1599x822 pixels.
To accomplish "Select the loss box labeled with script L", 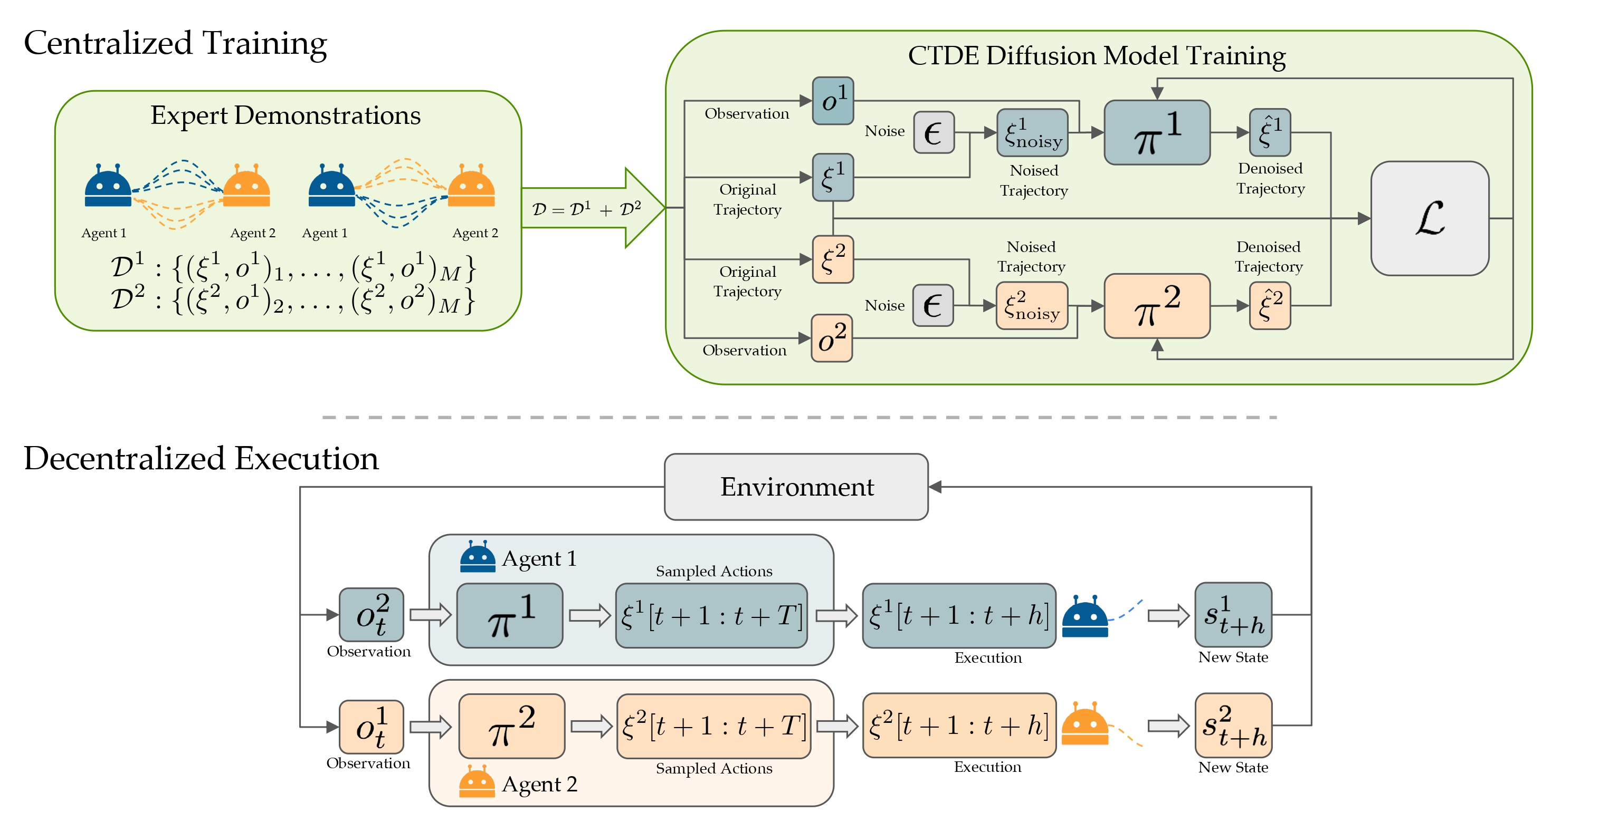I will [x=1429, y=218].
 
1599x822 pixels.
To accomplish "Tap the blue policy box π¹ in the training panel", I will [x=1156, y=133].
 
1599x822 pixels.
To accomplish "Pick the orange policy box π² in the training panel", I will [x=1156, y=306].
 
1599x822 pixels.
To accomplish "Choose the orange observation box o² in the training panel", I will [x=832, y=338].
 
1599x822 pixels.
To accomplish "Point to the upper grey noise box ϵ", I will [x=934, y=132].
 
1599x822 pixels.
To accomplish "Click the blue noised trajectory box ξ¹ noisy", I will [x=1032, y=133].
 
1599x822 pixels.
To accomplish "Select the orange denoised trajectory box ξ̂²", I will [x=1270, y=305].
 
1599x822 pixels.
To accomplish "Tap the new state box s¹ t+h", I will [x=1233, y=614].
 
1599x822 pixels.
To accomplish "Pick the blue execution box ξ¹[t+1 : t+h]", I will [x=958, y=615].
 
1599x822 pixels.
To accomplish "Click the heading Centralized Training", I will [x=175, y=43].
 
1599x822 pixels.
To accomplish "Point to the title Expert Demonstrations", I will [x=285, y=115].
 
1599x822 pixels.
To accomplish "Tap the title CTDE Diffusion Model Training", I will [x=1096, y=56].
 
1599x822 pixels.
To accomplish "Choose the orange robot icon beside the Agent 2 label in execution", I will [x=476, y=782].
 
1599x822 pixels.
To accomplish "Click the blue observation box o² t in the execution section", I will [x=371, y=614].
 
